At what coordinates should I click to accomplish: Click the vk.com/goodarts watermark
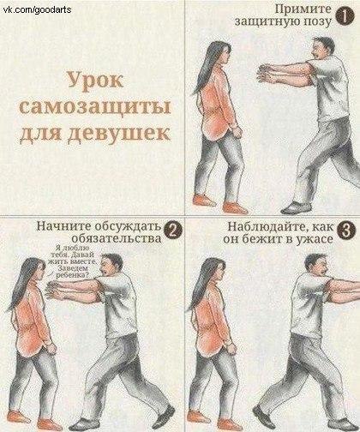tap(37, 10)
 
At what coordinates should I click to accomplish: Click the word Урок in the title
tap(95, 81)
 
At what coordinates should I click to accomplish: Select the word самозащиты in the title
tap(95, 108)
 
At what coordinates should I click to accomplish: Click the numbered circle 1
tap(345, 16)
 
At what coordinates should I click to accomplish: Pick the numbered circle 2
tap(172, 231)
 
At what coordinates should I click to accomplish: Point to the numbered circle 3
tap(345, 231)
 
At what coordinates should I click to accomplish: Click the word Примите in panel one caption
tap(303, 9)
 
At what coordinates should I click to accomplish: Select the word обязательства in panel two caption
tap(117, 238)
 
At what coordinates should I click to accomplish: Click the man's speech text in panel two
tap(73, 261)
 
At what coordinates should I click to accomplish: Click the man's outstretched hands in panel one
tap(267, 74)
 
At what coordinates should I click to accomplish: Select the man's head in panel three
tap(316, 265)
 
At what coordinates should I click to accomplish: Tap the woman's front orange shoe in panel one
tap(235, 207)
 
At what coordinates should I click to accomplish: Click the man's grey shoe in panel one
tap(296, 207)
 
